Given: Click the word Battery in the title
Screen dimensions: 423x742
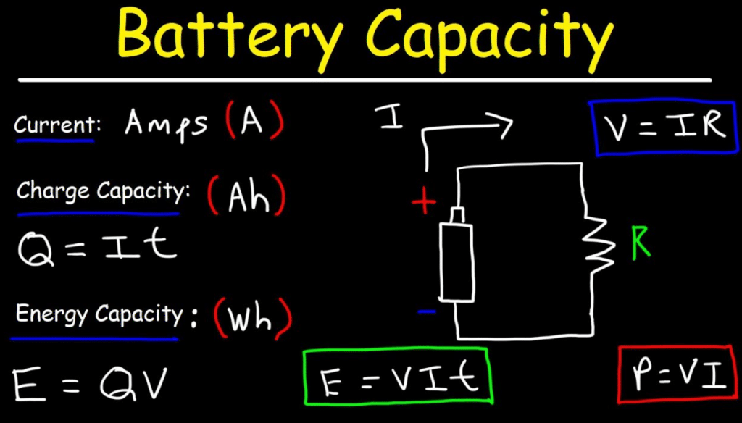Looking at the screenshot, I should coord(229,36).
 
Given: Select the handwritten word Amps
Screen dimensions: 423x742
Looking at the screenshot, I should coord(166,123).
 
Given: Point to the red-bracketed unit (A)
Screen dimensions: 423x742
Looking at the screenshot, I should coord(254,121).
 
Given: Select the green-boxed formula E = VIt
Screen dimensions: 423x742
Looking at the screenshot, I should coord(397,377).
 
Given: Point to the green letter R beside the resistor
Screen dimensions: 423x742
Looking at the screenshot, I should coord(641,246).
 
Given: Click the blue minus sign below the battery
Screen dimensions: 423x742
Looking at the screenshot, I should coord(427,311).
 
